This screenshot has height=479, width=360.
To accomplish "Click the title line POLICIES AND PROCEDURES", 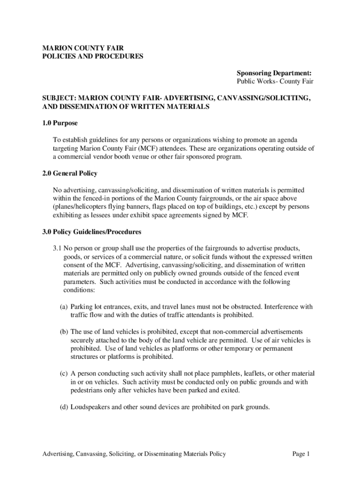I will click(x=93, y=57).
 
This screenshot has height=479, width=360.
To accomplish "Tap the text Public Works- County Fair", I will click(x=275, y=81).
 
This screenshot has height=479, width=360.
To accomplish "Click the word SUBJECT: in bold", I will click(x=59, y=99).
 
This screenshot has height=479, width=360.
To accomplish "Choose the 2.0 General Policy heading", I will click(x=70, y=173).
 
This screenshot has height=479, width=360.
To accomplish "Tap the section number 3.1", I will click(x=57, y=248).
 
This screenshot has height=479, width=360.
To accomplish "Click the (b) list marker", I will click(x=64, y=332).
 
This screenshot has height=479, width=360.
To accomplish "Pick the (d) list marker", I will click(x=64, y=407).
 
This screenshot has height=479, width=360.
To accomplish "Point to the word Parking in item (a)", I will click(x=82, y=306).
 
